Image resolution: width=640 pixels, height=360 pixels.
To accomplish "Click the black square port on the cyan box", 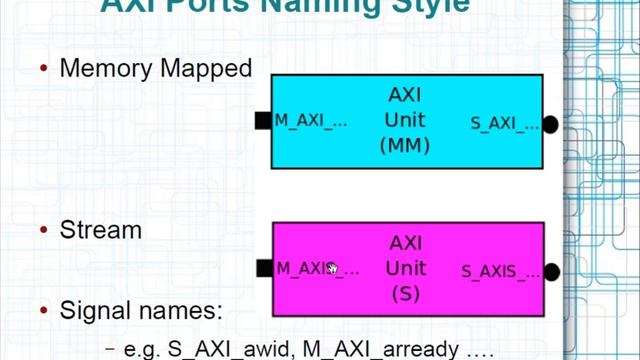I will [x=263, y=121].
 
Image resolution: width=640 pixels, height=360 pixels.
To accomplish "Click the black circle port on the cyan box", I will [x=549, y=124].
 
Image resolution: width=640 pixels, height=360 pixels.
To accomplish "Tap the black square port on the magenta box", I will [x=264, y=268].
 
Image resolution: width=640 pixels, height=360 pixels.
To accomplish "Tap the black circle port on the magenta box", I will [x=550, y=271].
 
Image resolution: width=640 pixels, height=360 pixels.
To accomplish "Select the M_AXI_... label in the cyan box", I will [x=311, y=121].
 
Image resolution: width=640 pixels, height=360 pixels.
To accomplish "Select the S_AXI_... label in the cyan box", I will [x=506, y=124].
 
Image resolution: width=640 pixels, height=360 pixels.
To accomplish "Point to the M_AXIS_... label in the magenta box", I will [x=317, y=268].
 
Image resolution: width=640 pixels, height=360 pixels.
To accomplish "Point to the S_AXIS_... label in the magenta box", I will [x=501, y=271].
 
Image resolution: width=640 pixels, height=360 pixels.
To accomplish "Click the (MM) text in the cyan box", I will [x=405, y=145].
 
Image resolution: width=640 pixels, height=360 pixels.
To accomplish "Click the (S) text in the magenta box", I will [x=405, y=293].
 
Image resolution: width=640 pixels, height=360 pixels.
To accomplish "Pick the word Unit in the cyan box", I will [x=405, y=120].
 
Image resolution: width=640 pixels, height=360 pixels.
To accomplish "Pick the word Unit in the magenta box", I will [x=405, y=268].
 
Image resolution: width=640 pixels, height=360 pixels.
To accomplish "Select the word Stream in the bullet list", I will [x=100, y=230].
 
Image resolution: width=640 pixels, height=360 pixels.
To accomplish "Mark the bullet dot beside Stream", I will [x=44, y=231].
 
